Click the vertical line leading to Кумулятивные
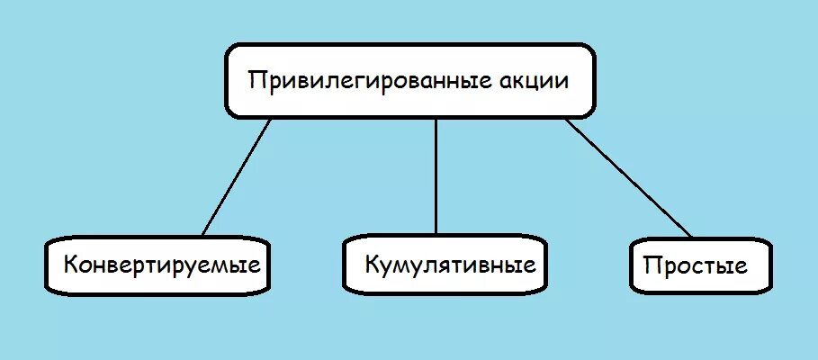click(x=436, y=175)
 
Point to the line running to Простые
click(x=629, y=178)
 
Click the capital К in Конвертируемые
click(x=69, y=265)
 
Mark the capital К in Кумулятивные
click(x=372, y=265)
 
